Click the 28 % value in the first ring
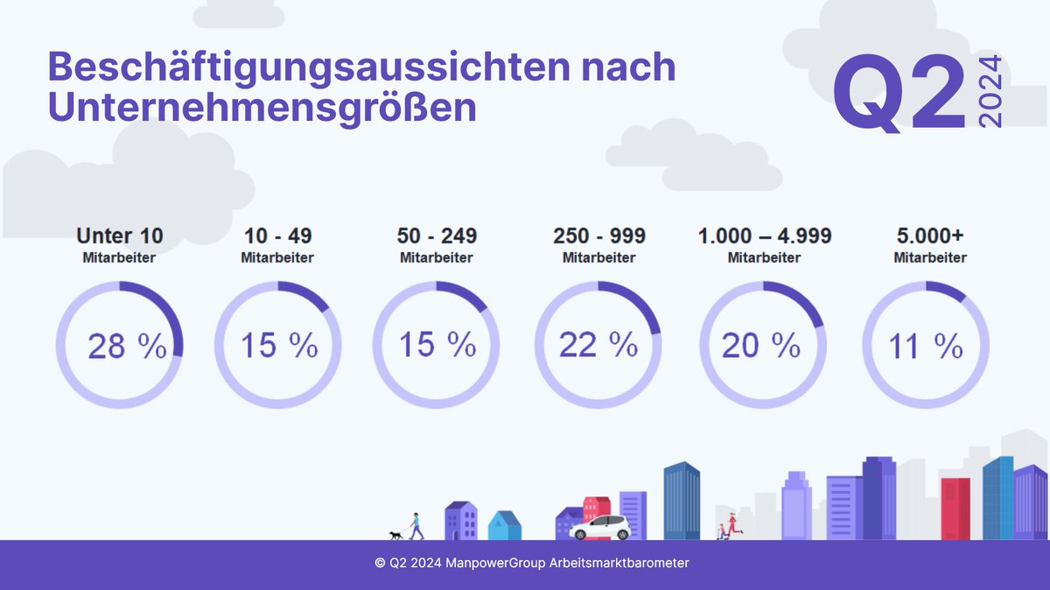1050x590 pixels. (127, 348)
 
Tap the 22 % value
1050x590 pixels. (598, 345)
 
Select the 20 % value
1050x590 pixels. (760, 346)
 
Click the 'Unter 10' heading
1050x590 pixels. (119, 235)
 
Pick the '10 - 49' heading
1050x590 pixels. (276, 235)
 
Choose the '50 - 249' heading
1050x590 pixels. (436, 235)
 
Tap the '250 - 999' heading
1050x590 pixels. (599, 235)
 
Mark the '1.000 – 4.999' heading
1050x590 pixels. (765, 235)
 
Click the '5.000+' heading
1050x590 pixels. (929, 235)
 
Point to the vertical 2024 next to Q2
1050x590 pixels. (990, 92)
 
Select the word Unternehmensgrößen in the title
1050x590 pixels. (262, 107)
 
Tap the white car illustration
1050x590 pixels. (599, 527)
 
